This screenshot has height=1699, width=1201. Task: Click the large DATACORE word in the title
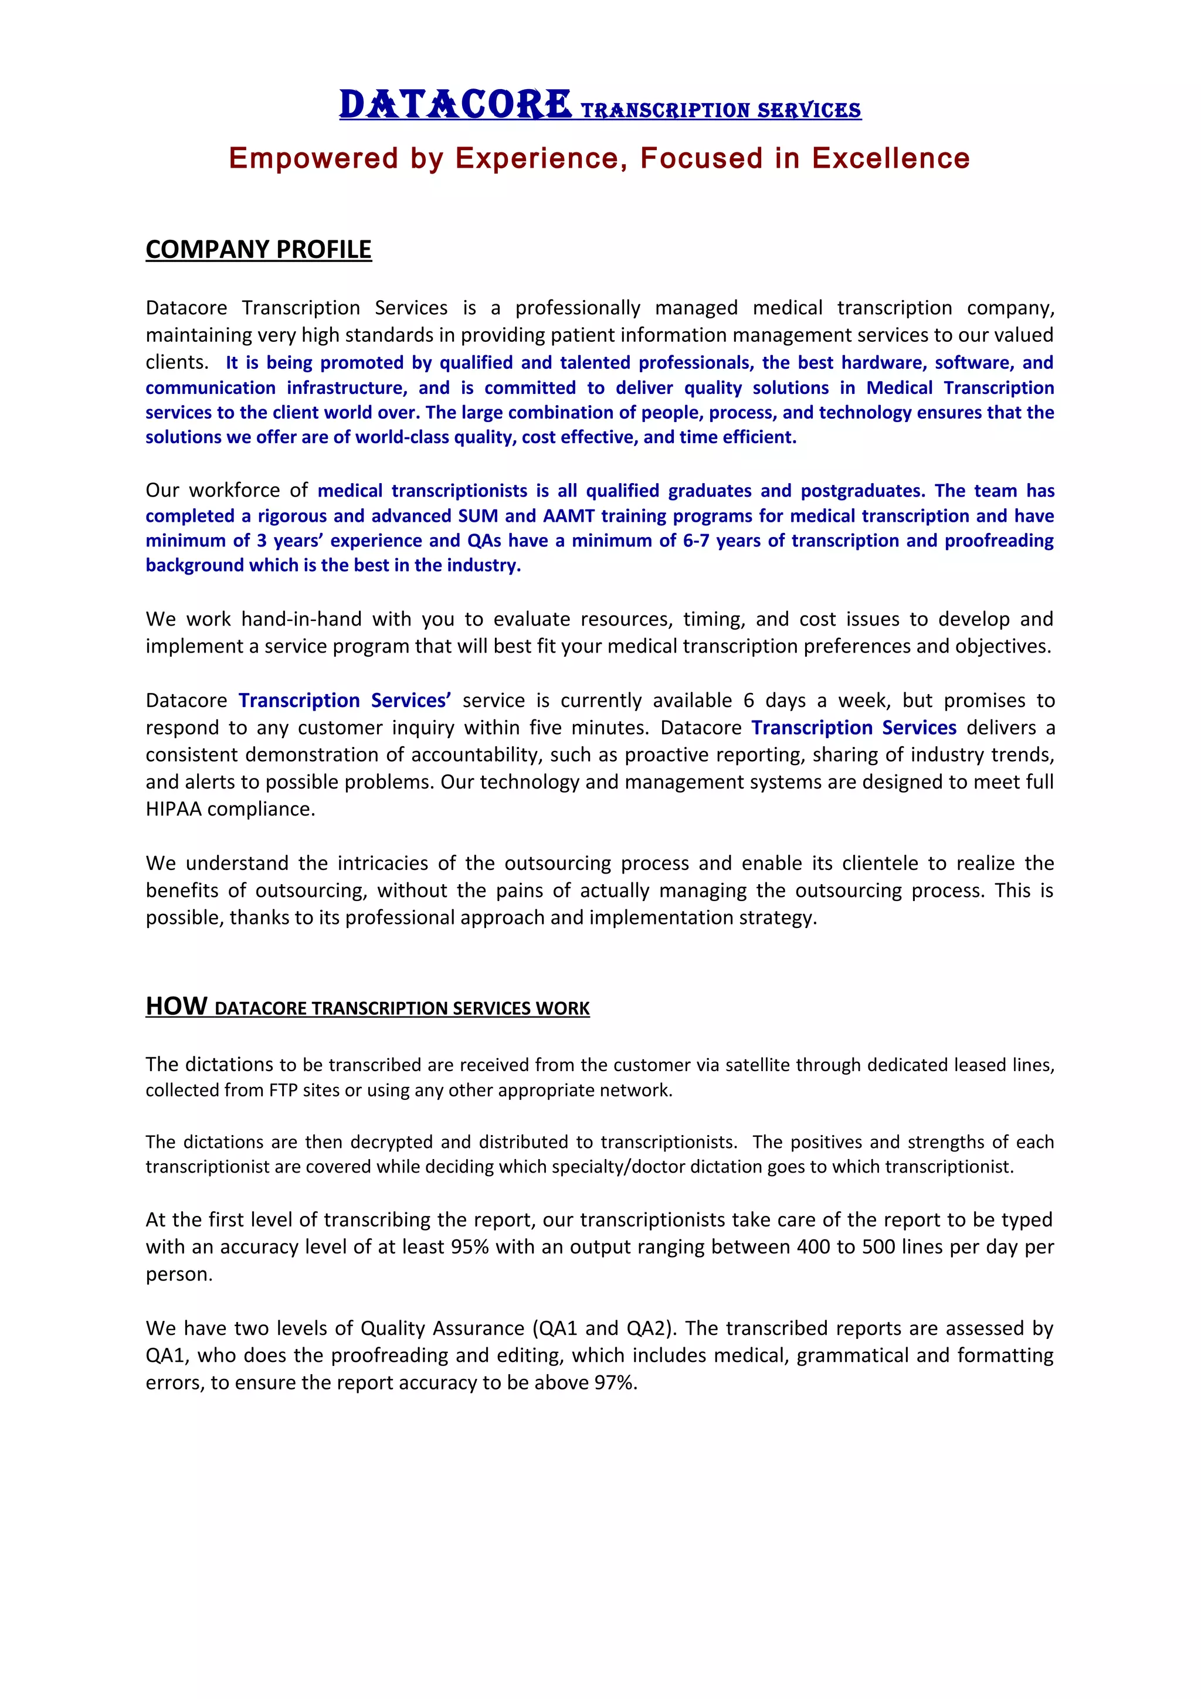pyautogui.click(x=455, y=104)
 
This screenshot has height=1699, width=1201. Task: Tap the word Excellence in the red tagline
pyautogui.click(x=890, y=158)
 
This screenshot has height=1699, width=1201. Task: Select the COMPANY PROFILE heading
pyautogui.click(x=258, y=249)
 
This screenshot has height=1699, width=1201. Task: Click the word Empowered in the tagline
pyautogui.click(x=313, y=158)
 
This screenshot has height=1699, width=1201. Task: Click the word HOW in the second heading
pyautogui.click(x=176, y=1007)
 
